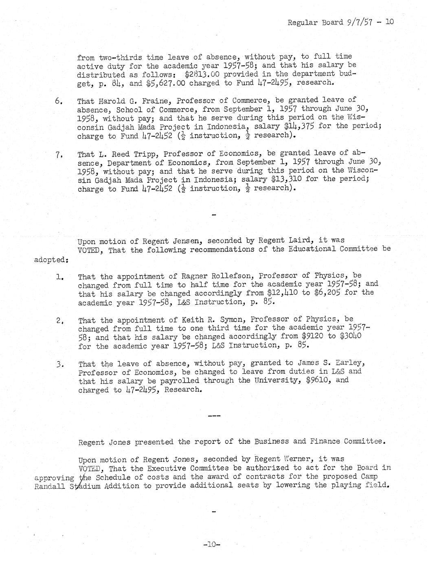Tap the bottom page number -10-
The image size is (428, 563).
tap(213, 544)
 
